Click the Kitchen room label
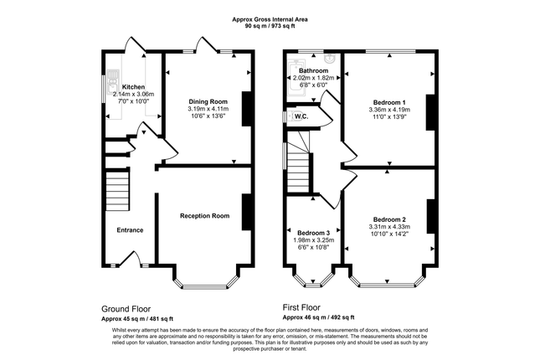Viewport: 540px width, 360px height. tap(133, 87)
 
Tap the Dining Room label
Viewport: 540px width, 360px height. tap(208, 101)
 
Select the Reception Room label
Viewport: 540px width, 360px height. tap(204, 216)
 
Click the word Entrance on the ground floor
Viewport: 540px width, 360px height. tap(130, 230)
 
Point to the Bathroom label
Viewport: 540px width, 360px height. tap(313, 70)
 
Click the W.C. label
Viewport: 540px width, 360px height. tap(301, 116)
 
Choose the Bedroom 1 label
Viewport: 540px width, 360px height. tap(389, 102)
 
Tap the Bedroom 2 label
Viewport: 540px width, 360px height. tap(389, 219)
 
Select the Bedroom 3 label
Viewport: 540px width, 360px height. tap(313, 233)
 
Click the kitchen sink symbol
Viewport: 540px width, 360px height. tap(112, 82)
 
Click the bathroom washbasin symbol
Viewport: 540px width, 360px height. tap(330, 59)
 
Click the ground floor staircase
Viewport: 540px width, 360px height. tap(117, 191)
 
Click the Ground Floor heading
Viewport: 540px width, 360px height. tap(126, 309)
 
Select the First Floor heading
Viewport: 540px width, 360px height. tap(301, 307)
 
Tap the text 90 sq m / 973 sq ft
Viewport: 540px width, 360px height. tap(270, 25)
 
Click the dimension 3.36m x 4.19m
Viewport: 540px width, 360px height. tap(389, 110)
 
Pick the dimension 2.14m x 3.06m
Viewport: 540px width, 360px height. tap(133, 94)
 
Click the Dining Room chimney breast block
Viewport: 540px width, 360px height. tap(248, 109)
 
